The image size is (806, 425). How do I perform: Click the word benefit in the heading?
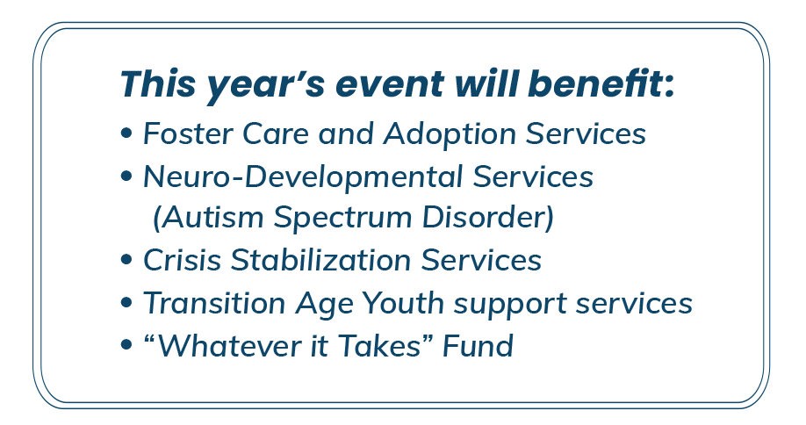[601, 83]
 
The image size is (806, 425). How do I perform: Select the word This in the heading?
[158, 83]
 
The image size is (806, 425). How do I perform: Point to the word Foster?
[187, 133]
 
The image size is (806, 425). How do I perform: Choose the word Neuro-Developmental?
[303, 177]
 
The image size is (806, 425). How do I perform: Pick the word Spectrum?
[342, 218]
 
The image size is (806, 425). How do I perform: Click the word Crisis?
[182, 260]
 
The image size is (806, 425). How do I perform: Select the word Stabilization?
[320, 260]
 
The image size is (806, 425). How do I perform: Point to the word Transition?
[214, 303]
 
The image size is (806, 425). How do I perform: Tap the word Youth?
[402, 303]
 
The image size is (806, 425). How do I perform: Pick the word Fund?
[478, 345]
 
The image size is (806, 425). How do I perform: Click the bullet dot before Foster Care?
[126, 133]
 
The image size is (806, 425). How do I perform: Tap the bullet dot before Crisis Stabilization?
[126, 260]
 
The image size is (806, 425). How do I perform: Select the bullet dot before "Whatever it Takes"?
[126, 344]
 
